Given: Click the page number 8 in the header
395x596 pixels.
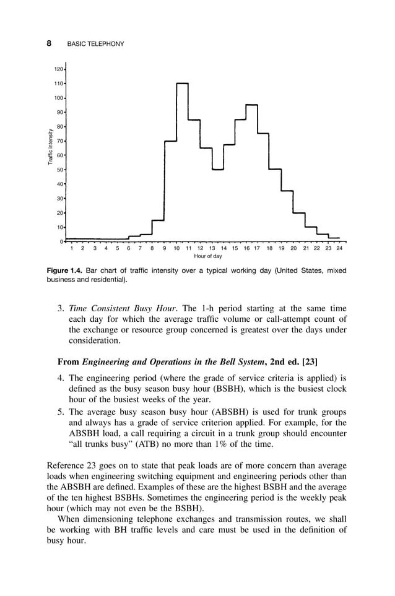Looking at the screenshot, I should point(48,44).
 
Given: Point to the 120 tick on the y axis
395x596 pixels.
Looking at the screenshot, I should point(58,69).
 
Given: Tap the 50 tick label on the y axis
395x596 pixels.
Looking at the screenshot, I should point(59,170).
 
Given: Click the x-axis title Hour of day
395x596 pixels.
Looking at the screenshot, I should point(207,256).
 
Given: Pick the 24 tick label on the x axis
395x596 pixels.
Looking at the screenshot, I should point(339,248).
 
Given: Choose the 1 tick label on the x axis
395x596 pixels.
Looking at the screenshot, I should point(72,248).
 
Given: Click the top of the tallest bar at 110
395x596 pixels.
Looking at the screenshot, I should point(182,83).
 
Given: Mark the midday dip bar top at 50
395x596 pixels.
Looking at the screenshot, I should point(217,169).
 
